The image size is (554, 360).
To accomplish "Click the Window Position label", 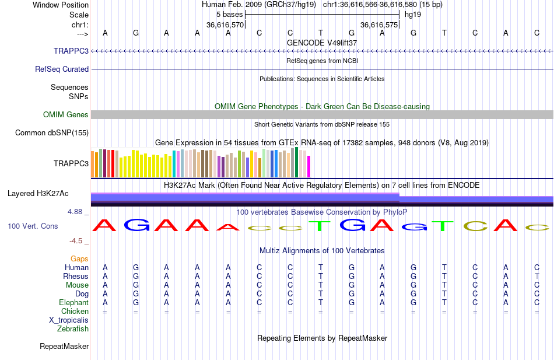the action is click(61, 5).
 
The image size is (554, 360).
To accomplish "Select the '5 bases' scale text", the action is click(229, 15).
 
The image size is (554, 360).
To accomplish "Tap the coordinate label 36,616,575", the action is click(378, 25).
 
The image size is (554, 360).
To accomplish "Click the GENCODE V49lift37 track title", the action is click(322, 43).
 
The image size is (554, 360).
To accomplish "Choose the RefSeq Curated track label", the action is click(62, 69).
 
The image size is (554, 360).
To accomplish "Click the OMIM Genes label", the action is click(66, 114).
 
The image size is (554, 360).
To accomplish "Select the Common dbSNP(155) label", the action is click(52, 132).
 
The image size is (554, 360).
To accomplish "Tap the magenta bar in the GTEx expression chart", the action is click(308, 166).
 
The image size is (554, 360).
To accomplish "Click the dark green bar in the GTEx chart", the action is click(296, 162).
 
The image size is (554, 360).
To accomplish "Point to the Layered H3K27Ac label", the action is click(38, 194).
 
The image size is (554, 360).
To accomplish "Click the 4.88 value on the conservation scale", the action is click(75, 211).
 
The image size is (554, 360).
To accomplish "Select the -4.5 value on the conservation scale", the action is click(76, 241).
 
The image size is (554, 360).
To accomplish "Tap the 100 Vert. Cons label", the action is click(33, 226).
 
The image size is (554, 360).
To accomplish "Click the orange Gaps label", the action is click(79, 259).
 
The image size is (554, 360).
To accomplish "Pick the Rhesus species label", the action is click(76, 276).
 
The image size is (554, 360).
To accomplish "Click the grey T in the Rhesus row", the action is click(537, 276).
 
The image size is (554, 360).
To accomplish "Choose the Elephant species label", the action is click(74, 302).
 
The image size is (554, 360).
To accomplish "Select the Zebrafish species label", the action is click(73, 328).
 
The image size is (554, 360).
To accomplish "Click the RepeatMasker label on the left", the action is click(64, 346).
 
